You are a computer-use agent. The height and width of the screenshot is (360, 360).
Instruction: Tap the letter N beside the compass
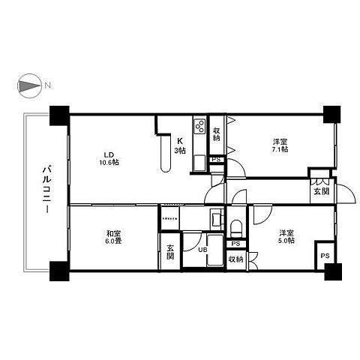46,87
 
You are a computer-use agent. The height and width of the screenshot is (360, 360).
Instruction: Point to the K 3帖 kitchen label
180,145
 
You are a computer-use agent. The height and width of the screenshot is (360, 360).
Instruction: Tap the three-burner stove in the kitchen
199,127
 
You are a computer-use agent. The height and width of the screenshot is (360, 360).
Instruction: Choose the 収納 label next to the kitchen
216,134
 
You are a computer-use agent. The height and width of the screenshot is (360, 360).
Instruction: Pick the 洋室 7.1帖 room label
279,145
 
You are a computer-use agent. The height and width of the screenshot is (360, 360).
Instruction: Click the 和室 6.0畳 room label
114,237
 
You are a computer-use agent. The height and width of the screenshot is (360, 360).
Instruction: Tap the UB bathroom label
202,250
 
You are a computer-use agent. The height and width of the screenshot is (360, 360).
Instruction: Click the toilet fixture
235,226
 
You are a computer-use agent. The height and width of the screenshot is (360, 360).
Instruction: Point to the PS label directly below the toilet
235,244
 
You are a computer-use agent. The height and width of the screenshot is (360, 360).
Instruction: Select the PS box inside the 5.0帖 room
324,254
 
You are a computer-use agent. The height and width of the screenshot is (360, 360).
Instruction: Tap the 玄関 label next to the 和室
170,251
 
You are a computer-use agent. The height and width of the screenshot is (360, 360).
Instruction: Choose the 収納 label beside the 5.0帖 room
235,259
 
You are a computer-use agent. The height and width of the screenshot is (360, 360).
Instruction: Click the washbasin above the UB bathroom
215,220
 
